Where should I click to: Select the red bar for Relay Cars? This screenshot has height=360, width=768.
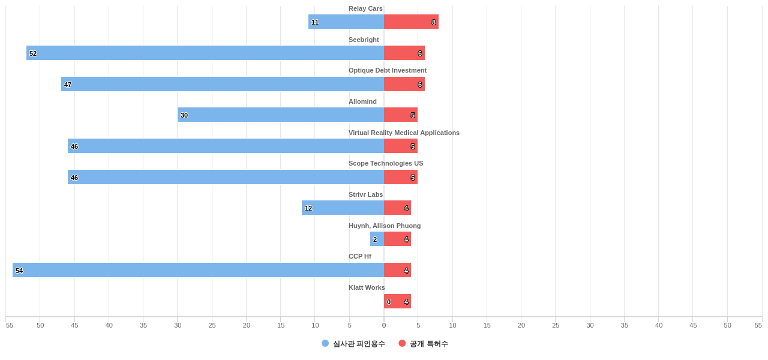(x=411, y=22)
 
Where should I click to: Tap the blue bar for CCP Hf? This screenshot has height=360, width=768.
(x=198, y=270)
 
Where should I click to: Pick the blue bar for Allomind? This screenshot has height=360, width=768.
(x=281, y=115)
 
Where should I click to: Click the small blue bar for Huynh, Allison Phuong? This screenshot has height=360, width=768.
(x=377, y=239)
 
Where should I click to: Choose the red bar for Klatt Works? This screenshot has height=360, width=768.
(x=397, y=301)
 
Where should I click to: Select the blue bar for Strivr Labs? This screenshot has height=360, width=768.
(x=343, y=208)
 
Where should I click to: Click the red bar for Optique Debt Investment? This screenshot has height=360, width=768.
(x=404, y=84)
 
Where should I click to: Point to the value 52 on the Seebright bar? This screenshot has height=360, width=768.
(x=33, y=53)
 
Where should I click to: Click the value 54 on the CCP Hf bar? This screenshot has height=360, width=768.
(x=19, y=271)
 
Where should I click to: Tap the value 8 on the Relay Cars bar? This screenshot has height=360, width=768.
(x=434, y=22)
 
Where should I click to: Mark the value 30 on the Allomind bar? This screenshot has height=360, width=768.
(x=184, y=115)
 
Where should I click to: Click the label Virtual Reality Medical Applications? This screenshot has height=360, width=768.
(x=404, y=133)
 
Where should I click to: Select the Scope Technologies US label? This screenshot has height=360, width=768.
(x=386, y=163)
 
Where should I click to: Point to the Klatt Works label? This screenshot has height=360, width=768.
(x=367, y=287)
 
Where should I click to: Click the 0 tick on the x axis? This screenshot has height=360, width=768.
(x=384, y=325)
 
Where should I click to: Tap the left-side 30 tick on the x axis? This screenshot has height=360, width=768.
(x=178, y=325)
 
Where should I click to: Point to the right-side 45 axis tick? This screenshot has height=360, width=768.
(x=693, y=325)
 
